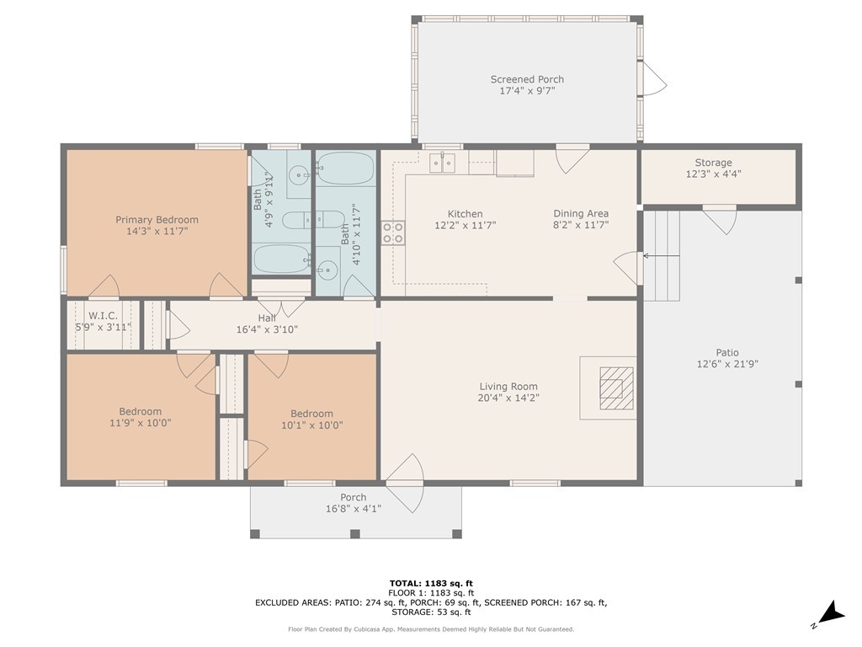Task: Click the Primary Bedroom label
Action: click(157, 220)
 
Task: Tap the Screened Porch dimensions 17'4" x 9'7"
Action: click(527, 90)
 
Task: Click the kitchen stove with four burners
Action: click(393, 233)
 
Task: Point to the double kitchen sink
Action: click(443, 163)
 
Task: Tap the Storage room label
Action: click(713, 163)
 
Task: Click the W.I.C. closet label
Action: click(103, 316)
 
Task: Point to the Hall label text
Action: click(267, 318)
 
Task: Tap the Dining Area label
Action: click(581, 214)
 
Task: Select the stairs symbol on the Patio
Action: click(662, 254)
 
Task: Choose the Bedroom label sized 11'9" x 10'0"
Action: click(140, 412)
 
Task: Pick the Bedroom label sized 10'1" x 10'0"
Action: click(311, 414)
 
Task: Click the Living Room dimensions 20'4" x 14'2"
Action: click(508, 398)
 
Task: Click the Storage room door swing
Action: click(720, 219)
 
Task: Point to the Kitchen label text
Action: click(465, 214)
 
